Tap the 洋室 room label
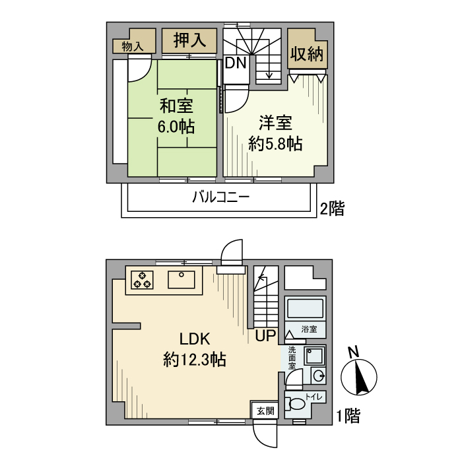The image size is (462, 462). click(x=275, y=123)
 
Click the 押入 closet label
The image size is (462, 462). click(x=189, y=40)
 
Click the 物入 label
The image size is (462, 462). click(x=133, y=46)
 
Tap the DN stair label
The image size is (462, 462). click(x=236, y=63)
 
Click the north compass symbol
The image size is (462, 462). click(x=359, y=377)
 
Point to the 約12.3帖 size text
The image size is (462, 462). click(x=195, y=360)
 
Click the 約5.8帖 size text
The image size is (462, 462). click(x=275, y=144)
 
